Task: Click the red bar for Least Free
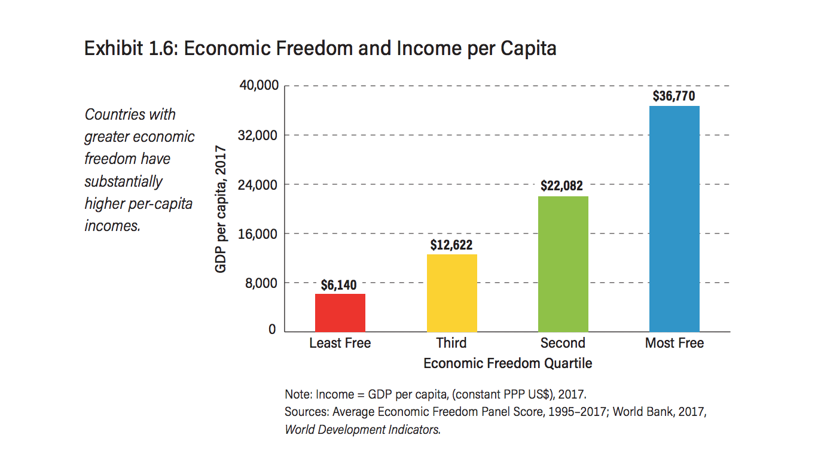pos(340,313)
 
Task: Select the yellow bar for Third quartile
pos(451,293)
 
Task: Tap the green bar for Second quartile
pos(563,264)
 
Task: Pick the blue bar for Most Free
pos(674,219)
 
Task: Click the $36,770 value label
pos(674,96)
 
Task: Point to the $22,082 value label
pos(561,186)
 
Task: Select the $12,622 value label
pos(451,245)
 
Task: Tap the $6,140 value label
pos(338,285)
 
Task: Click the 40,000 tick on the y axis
pos(259,86)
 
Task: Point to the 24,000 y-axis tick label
pos(259,184)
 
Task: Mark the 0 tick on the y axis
pos(272,330)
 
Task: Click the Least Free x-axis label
pos(340,344)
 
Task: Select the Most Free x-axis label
pos(674,344)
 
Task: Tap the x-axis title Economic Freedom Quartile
pos(508,363)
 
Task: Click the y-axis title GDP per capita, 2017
pos(221,209)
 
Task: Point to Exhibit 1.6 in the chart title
pos(129,48)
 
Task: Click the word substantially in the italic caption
pos(123,181)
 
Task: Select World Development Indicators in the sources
pos(362,430)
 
